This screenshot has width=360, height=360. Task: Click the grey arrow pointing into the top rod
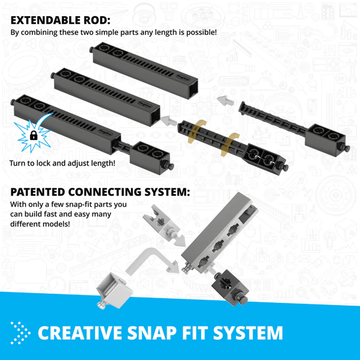(x=224, y=99)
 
